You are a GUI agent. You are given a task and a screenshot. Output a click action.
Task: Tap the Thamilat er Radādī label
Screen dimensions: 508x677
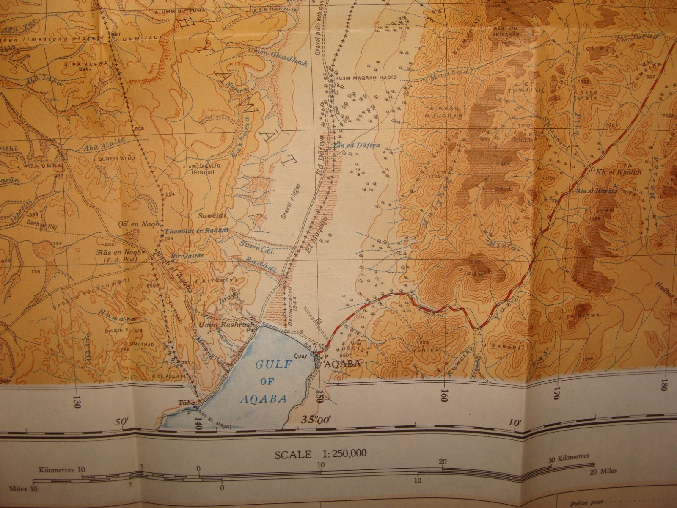point(197,231)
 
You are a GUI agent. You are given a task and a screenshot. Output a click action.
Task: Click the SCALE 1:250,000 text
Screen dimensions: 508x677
point(320,454)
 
